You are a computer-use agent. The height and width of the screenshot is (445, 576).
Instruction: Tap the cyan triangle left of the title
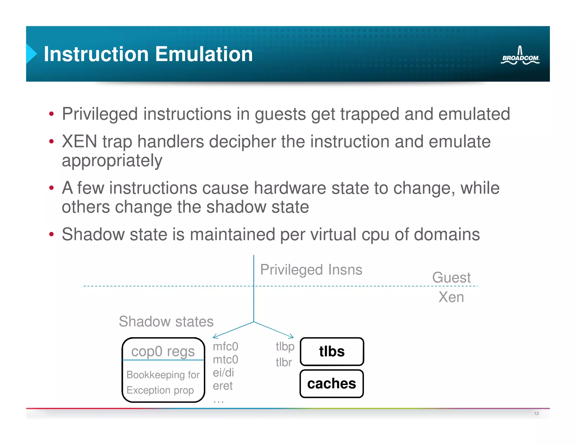(x=31, y=53)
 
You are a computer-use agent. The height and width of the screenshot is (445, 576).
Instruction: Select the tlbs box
(x=332, y=352)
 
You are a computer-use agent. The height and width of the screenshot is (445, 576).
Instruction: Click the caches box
(x=332, y=384)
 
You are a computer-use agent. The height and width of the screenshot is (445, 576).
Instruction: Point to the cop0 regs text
(x=163, y=351)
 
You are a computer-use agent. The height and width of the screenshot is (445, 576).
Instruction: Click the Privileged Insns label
(x=311, y=269)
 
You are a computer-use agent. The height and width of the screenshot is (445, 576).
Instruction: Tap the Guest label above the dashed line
(x=451, y=277)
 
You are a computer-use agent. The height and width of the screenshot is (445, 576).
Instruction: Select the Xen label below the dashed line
(x=451, y=297)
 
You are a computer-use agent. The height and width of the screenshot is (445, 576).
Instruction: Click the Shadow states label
(x=166, y=321)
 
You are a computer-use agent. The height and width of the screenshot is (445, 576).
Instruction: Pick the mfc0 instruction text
(x=226, y=347)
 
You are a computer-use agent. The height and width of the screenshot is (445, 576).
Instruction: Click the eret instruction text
(x=222, y=386)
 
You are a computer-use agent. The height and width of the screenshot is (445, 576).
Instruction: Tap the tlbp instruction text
(x=285, y=347)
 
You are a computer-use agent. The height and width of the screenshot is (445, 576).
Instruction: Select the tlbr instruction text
(x=283, y=362)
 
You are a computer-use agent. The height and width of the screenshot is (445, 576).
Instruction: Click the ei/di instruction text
(x=223, y=373)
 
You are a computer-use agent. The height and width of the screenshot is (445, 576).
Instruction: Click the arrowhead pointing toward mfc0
(x=215, y=336)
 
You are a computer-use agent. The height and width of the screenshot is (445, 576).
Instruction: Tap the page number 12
(x=536, y=413)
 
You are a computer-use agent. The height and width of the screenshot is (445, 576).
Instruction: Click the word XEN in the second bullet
(x=79, y=141)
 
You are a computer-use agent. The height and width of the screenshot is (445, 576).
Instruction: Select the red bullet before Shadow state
(x=51, y=234)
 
